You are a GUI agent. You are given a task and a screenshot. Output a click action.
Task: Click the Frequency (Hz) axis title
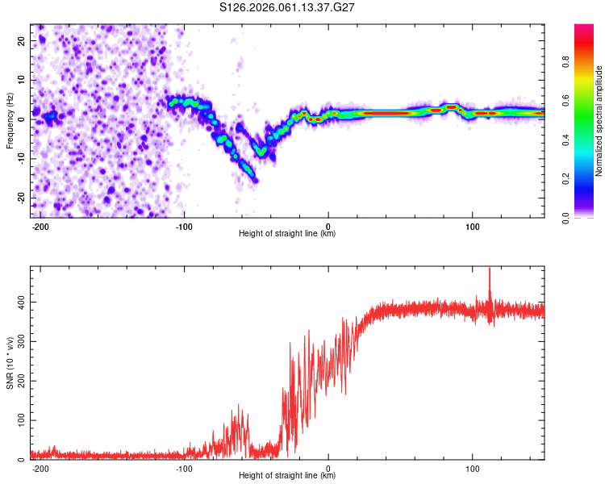10,120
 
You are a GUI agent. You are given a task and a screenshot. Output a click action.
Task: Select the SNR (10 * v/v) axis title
10,362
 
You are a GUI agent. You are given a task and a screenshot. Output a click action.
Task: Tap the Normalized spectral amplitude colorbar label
599,120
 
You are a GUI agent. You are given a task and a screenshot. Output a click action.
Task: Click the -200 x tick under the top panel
40,226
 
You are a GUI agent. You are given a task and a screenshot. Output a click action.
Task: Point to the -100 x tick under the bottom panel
184,468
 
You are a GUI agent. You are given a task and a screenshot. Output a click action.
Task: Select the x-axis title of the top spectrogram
287,234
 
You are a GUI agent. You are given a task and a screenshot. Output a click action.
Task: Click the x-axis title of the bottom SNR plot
287,476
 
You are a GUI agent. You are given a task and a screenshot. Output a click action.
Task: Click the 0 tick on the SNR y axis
24,460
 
